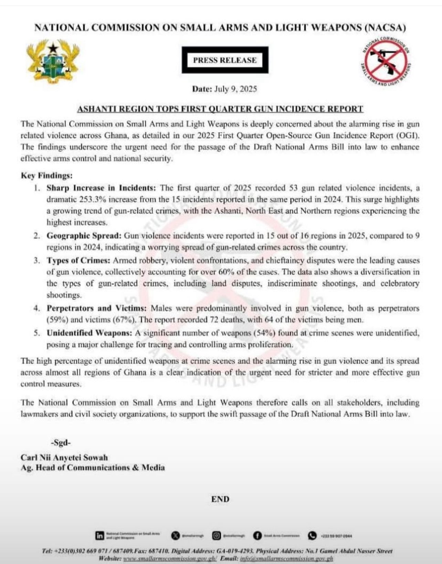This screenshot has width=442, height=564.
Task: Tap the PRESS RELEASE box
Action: click(225, 60)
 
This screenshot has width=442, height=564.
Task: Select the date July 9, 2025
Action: click(235, 89)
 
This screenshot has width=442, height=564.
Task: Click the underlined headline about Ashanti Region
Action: click(220, 109)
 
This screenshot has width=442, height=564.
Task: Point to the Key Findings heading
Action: click(47, 175)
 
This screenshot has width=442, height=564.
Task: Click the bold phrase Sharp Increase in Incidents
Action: click(102, 188)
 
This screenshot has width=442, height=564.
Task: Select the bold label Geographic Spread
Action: click(84, 236)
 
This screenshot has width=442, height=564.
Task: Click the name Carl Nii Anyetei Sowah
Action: click(64, 458)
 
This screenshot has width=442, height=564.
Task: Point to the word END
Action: click(220, 499)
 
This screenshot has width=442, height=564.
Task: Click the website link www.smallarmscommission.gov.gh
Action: click(170, 558)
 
